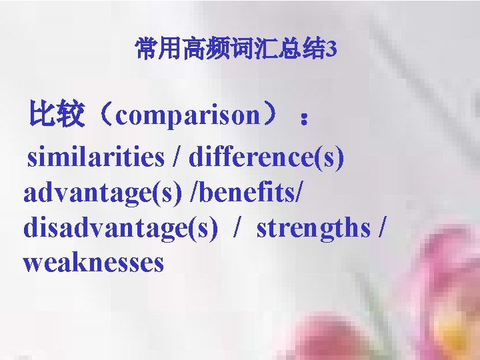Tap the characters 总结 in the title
pos(303,49)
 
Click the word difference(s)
pos(267,157)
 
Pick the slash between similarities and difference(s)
pos(176,158)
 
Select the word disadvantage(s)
pos(121,228)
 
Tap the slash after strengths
pos(381,229)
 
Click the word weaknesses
pos(93,263)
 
